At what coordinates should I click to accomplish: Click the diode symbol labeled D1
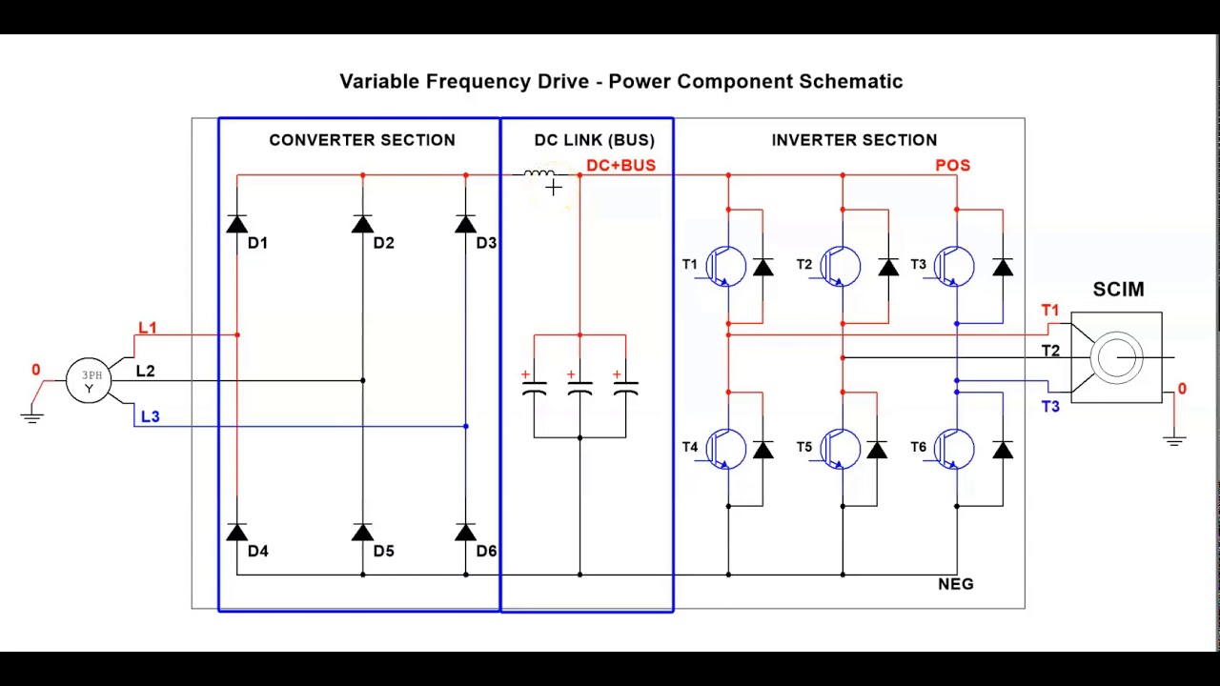pyautogui.click(x=237, y=225)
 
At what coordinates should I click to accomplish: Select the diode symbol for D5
pyautogui.click(x=363, y=533)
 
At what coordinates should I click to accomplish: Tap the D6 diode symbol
pyautogui.click(x=466, y=533)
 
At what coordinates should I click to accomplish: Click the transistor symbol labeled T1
pyautogui.click(x=728, y=266)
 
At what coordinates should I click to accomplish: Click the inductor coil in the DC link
pyautogui.click(x=539, y=174)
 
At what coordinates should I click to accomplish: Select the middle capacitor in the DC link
pyautogui.click(x=579, y=388)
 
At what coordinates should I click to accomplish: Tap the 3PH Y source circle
pyautogui.click(x=89, y=381)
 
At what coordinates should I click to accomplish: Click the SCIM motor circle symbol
pyautogui.click(x=1116, y=358)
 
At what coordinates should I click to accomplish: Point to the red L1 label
pyautogui.click(x=147, y=328)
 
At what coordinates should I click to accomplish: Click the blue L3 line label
pyautogui.click(x=150, y=416)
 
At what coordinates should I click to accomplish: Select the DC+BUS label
pyautogui.click(x=620, y=166)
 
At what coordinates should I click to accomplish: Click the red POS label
pyautogui.click(x=952, y=166)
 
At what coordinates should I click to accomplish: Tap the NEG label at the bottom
pyautogui.click(x=955, y=584)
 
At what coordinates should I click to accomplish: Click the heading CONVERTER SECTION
pyautogui.click(x=362, y=140)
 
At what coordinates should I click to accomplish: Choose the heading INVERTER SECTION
pyautogui.click(x=854, y=140)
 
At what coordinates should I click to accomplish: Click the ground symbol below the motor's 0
pyautogui.click(x=1174, y=440)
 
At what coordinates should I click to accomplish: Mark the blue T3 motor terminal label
pyautogui.click(x=1050, y=407)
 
